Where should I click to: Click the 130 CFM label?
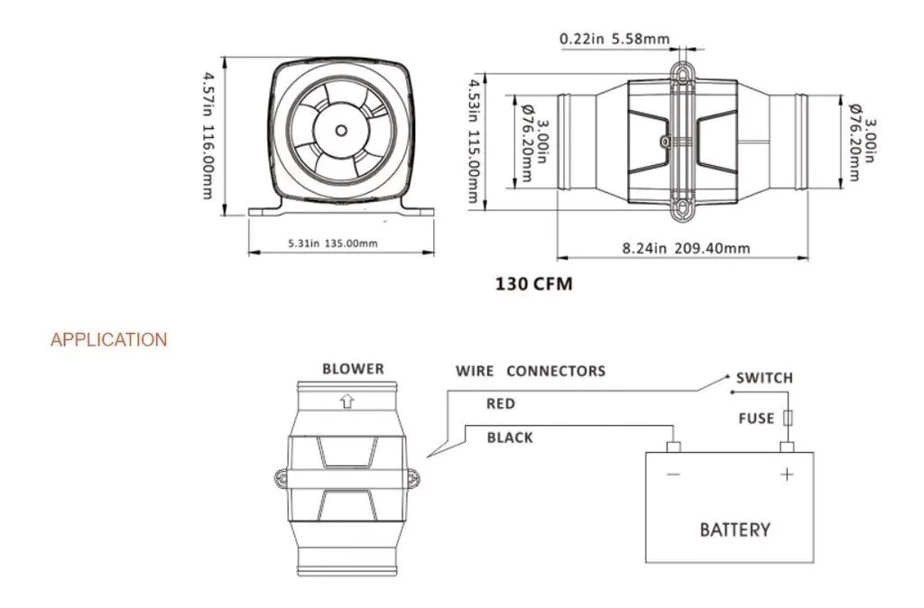pyautogui.click(x=534, y=283)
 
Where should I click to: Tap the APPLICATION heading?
pyautogui.click(x=109, y=340)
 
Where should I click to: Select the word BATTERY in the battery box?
pyautogui.click(x=735, y=530)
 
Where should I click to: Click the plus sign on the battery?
pyautogui.click(x=787, y=474)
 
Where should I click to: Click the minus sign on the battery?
pyautogui.click(x=673, y=474)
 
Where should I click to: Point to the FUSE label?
pyautogui.click(x=755, y=419)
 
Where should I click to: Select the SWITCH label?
pyautogui.click(x=764, y=378)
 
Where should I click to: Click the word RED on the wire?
pyautogui.click(x=501, y=404)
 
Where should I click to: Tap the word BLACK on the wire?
pyautogui.click(x=510, y=438)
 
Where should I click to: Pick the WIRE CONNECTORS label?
pyautogui.click(x=530, y=371)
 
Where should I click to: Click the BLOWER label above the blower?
pyautogui.click(x=353, y=369)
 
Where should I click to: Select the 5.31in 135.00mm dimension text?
pyautogui.click(x=332, y=244)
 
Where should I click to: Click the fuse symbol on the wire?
pyautogui.click(x=788, y=419)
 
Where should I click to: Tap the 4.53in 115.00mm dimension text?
pyautogui.click(x=472, y=140)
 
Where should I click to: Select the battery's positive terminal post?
pyautogui.click(x=787, y=447)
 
